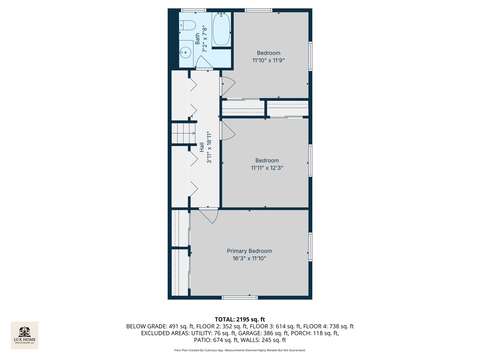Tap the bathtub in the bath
point(221,29)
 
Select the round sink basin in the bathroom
point(185,52)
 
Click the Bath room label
point(198,39)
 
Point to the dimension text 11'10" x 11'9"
point(268,60)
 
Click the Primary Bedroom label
point(249,251)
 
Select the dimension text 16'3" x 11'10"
point(249,258)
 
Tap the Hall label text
point(202,147)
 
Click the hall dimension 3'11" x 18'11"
point(209,147)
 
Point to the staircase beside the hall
point(183,133)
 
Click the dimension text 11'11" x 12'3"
point(267,168)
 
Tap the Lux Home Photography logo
point(25,335)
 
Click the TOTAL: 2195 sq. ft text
point(240,319)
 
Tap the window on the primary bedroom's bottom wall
point(240,297)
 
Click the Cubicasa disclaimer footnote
point(240,350)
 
